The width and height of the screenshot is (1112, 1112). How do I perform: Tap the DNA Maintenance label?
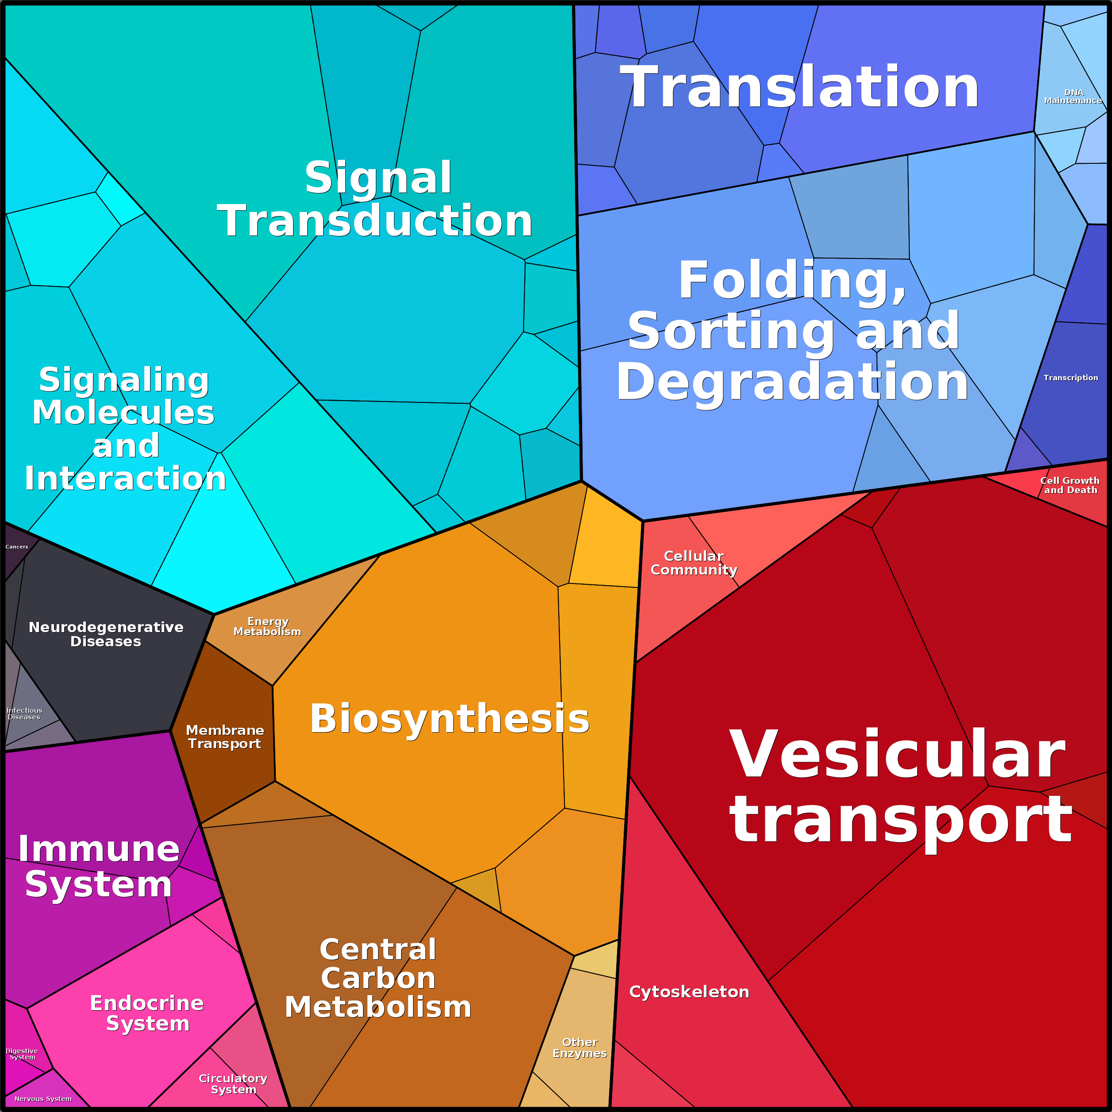[1073, 97]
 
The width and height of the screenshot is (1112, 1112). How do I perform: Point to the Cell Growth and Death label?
[1070, 485]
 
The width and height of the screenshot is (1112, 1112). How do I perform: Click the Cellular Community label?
[694, 563]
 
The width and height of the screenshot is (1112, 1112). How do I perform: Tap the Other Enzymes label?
[579, 1048]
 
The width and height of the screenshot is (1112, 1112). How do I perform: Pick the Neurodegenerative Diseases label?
[106, 634]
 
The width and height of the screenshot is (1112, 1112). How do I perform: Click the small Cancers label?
[17, 547]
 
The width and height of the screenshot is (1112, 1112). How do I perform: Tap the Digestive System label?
[22, 1054]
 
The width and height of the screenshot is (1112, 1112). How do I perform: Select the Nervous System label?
[43, 1099]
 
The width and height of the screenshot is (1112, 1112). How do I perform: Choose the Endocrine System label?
[147, 1013]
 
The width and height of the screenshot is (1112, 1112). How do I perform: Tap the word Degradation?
[792, 382]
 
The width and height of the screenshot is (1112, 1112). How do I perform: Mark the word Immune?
[99, 849]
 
